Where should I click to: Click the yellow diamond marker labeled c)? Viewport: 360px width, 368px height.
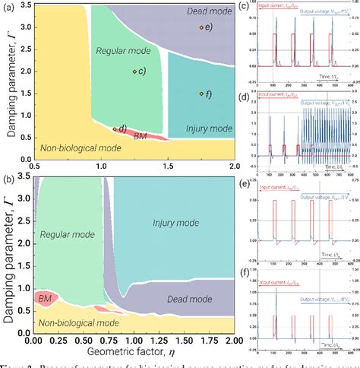click(x=134, y=71)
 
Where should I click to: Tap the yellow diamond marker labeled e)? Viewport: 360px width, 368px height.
click(x=201, y=27)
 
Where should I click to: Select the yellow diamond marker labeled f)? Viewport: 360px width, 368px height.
click(x=201, y=94)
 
